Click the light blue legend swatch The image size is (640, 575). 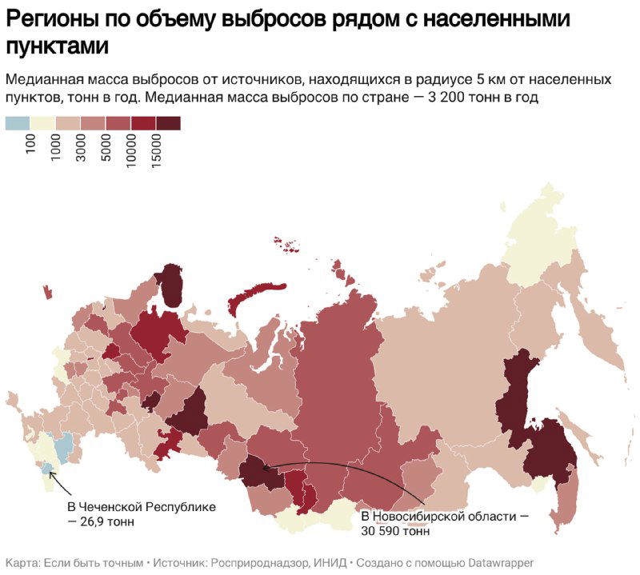tap(17, 122)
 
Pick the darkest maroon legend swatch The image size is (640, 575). tap(168, 122)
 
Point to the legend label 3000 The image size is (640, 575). tap(82, 148)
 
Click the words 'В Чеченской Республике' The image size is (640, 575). tap(141, 508)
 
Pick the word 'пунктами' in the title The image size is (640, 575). tap(57, 46)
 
